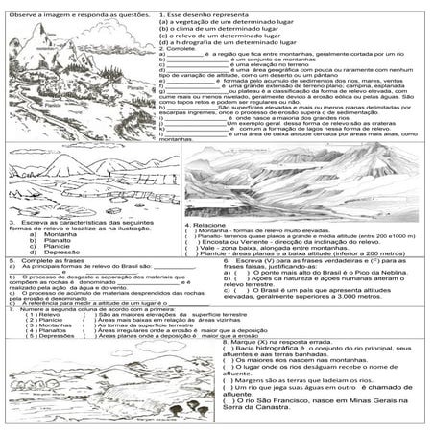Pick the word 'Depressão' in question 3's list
coord(48,252)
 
